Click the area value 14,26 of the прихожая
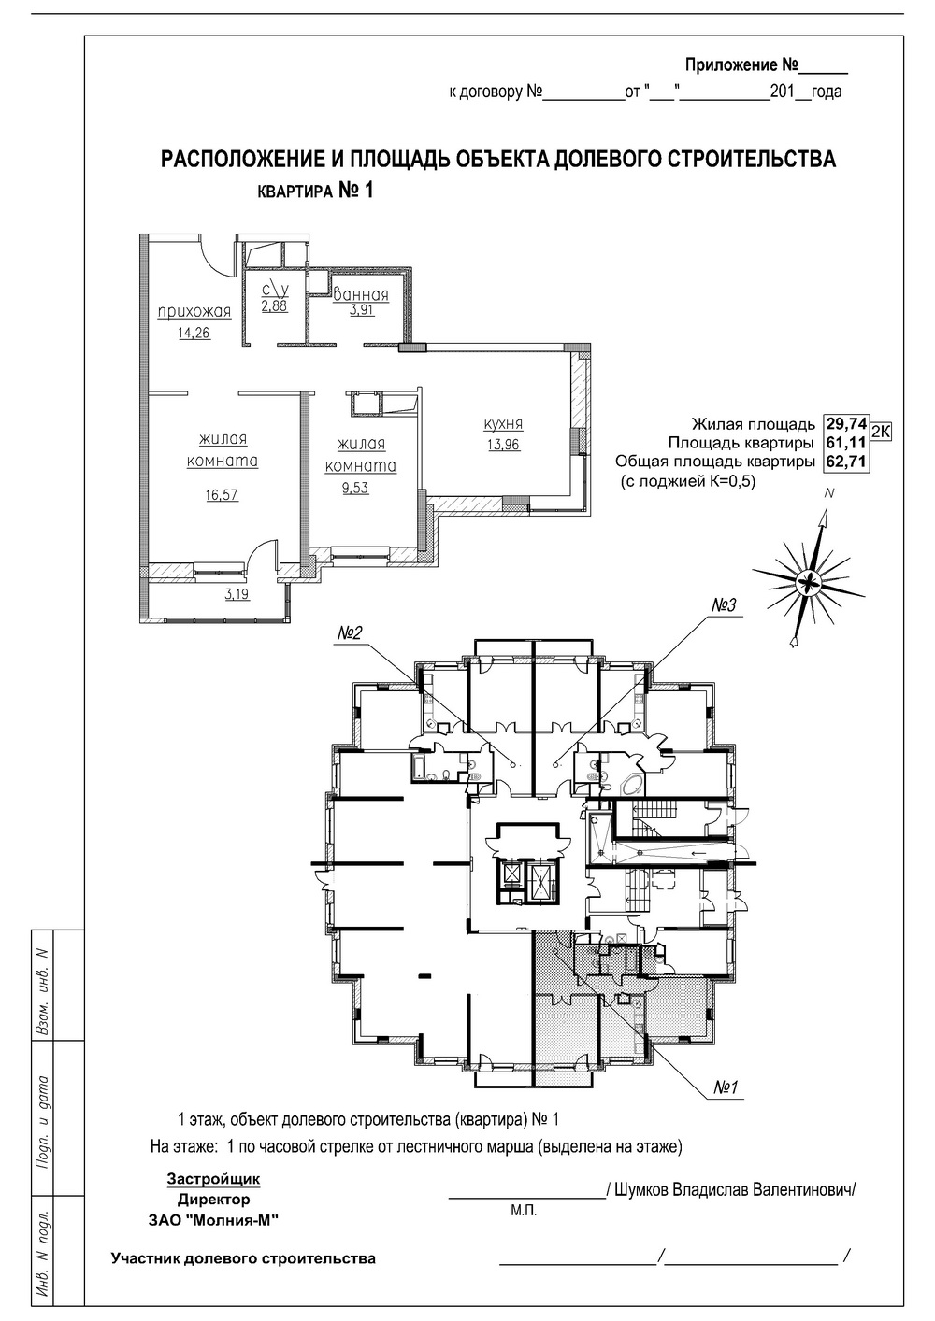tap(194, 333)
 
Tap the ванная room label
tap(362, 295)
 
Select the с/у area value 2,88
tap(274, 305)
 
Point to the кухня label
tap(503, 423)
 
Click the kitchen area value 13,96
tap(503, 444)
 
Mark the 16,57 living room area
tap(223, 495)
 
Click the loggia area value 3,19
tap(237, 592)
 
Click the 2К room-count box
tap(881, 431)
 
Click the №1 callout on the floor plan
tap(726, 1087)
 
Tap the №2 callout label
tap(350, 634)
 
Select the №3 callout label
tap(725, 605)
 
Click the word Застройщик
tap(213, 1179)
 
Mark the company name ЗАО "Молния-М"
tap(213, 1219)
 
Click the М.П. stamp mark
tap(523, 1210)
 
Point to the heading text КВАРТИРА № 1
tap(315, 191)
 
